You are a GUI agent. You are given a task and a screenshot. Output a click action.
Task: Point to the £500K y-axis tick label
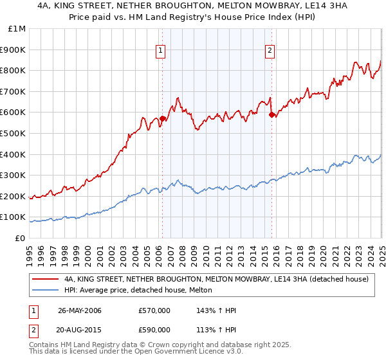14,133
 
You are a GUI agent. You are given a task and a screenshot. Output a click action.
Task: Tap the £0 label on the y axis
21,238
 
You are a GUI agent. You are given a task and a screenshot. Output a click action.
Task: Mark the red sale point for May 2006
163,119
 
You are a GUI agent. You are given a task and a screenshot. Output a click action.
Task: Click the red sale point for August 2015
271,114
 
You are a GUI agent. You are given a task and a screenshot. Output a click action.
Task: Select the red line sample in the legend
46,279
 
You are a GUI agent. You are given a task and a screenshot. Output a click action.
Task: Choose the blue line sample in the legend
46,291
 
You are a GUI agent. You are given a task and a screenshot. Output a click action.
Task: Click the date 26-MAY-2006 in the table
80,310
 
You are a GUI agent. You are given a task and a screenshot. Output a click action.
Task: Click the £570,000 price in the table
154,310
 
